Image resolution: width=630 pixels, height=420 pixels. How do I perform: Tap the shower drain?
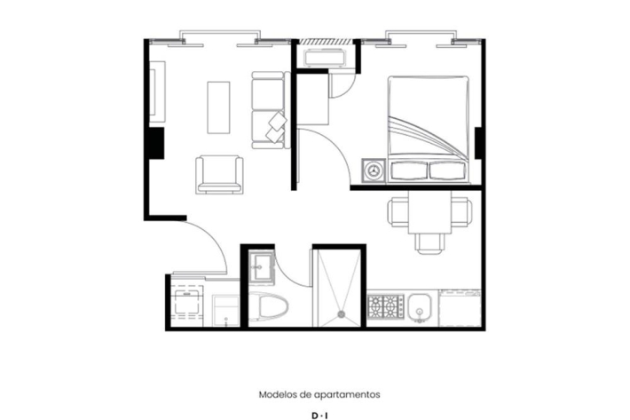[342, 313]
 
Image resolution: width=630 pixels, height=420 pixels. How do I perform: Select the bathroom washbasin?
[261, 266]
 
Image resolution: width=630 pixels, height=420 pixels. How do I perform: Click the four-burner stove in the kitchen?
[385, 307]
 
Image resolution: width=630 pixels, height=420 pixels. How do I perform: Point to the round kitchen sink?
[420, 308]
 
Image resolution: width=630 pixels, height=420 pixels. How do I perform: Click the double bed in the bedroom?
[429, 129]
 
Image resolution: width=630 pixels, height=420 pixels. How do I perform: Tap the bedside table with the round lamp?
[374, 170]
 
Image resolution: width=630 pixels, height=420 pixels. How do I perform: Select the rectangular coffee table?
[218, 107]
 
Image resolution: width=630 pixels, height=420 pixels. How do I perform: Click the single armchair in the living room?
[219, 175]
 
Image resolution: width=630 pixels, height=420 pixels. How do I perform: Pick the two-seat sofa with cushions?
[271, 110]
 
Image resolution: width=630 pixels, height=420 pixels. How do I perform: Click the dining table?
[429, 212]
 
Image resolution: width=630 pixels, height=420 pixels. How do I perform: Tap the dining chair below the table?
[430, 243]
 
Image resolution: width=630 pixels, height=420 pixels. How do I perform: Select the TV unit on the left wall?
[157, 91]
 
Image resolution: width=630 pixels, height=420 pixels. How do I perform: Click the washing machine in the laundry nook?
[187, 305]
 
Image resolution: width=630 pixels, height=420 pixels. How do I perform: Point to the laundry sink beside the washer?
[225, 310]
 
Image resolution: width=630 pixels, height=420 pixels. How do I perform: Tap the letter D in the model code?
[315, 416]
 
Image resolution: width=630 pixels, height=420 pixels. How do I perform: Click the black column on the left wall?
[157, 143]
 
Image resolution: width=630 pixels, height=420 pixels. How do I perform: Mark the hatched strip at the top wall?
[326, 42]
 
